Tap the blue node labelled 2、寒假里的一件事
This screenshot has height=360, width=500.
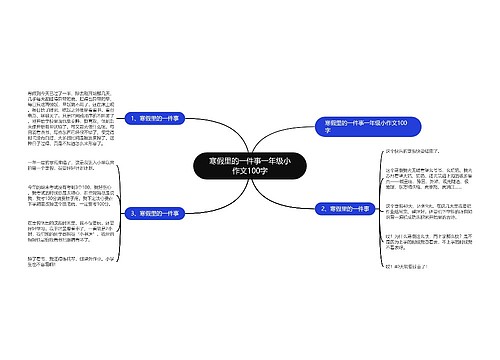pos(346,210)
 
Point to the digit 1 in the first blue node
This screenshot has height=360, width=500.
pos(131,118)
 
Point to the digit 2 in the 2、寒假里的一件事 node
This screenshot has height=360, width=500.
pos(320,210)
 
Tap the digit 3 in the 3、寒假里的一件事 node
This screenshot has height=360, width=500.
pos(131,213)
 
